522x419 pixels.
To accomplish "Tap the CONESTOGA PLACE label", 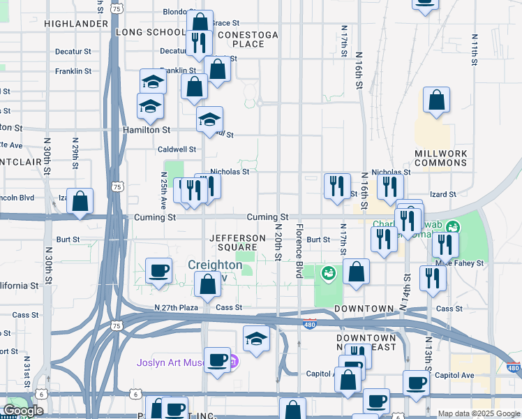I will click(x=248, y=39).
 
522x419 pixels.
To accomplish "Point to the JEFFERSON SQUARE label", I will click(x=238, y=242).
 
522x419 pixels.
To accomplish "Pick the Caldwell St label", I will click(x=177, y=149).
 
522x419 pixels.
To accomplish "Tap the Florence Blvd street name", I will click(x=299, y=251).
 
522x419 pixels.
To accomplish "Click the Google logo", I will click(x=22, y=411).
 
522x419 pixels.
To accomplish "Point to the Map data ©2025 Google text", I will click(x=478, y=413).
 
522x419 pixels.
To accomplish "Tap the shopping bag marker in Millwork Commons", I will click(x=436, y=101).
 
